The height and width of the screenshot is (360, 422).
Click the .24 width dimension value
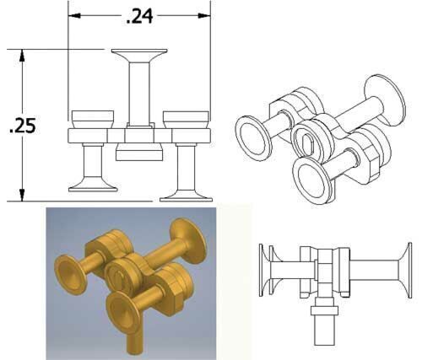tap(140, 16)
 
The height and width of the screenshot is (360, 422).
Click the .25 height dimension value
tap(23, 126)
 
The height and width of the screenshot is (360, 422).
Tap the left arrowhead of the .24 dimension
tap(74, 16)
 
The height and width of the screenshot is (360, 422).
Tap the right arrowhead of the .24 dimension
tap(204, 16)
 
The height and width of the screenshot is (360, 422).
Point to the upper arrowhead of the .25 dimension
tap(22, 56)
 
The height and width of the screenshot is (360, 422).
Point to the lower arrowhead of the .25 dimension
tap(22, 195)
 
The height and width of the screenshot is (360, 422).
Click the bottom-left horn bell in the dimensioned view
tap(93, 185)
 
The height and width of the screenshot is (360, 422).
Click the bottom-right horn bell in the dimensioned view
tap(186, 195)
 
